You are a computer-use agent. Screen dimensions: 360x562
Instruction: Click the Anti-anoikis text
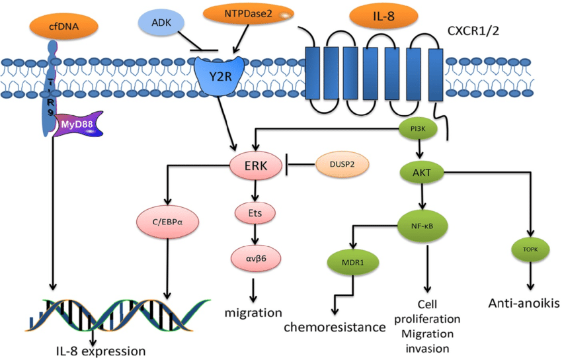coord(524,304)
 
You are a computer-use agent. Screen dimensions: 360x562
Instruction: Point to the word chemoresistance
coord(335,326)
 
